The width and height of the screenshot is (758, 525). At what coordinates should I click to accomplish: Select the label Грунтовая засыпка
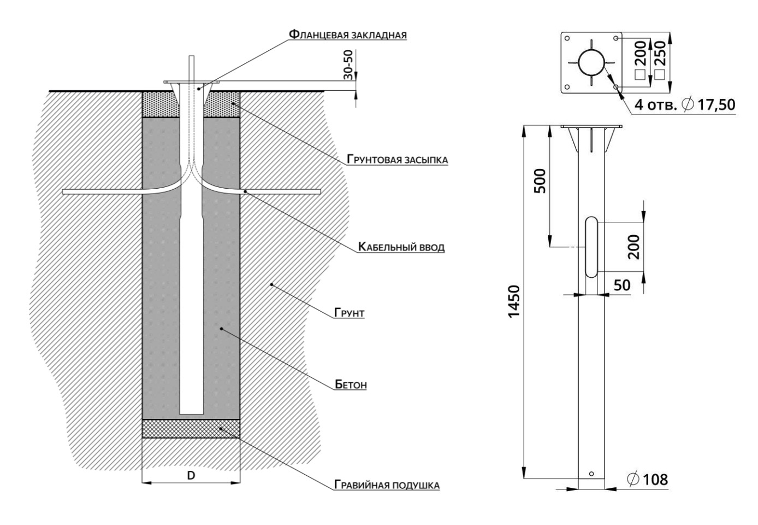(397, 160)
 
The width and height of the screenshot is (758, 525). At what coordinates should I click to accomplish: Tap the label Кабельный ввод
(401, 247)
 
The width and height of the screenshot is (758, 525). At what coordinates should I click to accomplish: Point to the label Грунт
(350, 314)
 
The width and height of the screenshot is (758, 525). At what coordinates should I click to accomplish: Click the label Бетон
(351, 384)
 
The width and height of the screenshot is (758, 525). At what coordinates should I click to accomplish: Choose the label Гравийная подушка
(387, 485)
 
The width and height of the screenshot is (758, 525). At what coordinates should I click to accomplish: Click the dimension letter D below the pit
(191, 475)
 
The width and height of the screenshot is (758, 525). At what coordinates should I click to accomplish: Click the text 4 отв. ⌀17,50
(684, 104)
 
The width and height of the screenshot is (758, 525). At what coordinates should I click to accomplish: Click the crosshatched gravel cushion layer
(191, 429)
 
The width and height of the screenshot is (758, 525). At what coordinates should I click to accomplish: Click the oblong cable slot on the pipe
(591, 247)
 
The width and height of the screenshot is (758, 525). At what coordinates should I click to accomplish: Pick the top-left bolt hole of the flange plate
(567, 38)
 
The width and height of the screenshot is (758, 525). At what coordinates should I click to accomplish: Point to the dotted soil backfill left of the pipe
(159, 104)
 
